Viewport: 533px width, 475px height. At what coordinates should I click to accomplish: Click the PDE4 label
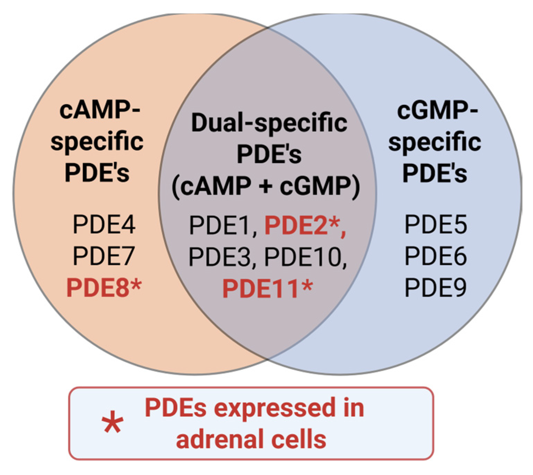104,225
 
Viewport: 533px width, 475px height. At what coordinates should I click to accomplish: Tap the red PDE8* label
104,288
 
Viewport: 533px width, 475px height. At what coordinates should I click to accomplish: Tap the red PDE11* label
267,288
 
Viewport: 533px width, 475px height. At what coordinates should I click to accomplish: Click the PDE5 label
435,225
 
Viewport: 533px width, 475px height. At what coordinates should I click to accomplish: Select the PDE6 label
435,256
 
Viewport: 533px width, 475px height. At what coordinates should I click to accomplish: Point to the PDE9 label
435,288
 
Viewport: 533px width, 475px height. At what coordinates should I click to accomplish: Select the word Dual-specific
269,123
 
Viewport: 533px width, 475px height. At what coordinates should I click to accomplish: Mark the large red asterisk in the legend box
112,423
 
